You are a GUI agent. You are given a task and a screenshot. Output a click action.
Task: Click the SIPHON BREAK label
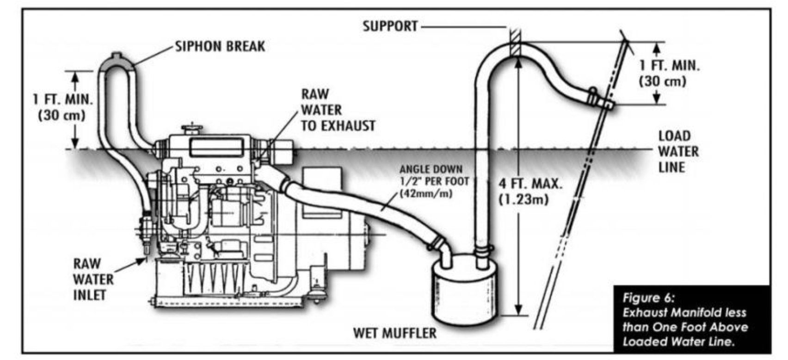220,46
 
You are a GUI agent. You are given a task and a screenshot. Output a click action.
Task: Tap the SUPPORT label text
390,26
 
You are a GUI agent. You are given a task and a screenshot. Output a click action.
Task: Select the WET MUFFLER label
394,333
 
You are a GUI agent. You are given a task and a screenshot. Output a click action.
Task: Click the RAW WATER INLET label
93,279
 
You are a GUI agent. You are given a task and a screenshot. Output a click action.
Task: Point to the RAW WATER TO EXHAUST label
338,110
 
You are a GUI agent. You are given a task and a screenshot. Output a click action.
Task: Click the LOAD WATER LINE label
678,151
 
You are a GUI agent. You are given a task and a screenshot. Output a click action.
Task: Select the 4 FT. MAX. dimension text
530,184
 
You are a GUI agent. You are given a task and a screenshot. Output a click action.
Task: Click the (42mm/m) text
426,193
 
